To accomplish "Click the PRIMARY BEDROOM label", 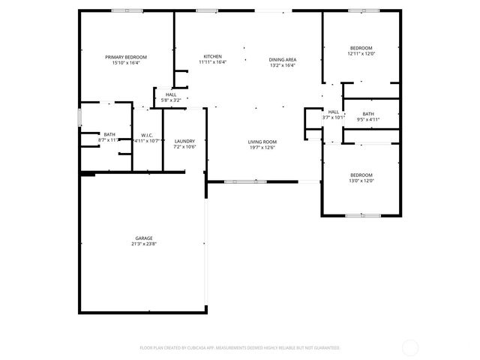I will click(x=126, y=58).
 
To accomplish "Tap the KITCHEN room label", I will click(x=212, y=57).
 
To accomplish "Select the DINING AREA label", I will click(x=283, y=59).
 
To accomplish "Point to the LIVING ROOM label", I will click(x=262, y=142).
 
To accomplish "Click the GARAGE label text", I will click(x=144, y=238).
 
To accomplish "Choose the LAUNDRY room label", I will click(x=184, y=141).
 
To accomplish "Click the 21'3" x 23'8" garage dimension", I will click(x=144, y=244).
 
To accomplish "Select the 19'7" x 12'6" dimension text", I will click(x=262, y=147).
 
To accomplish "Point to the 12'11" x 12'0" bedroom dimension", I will click(x=361, y=53).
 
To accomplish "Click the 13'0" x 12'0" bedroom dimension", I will click(x=361, y=180).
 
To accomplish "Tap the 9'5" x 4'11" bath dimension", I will click(x=368, y=119).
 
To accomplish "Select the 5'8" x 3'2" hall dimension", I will click(x=171, y=100).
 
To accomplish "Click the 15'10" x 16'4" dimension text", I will click(x=126, y=63).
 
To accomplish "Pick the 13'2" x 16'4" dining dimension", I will click(x=283, y=64).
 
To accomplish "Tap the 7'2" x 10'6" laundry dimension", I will click(x=184, y=146).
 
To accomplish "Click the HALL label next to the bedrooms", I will click(x=333, y=112).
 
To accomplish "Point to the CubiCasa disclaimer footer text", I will click(x=240, y=347).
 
